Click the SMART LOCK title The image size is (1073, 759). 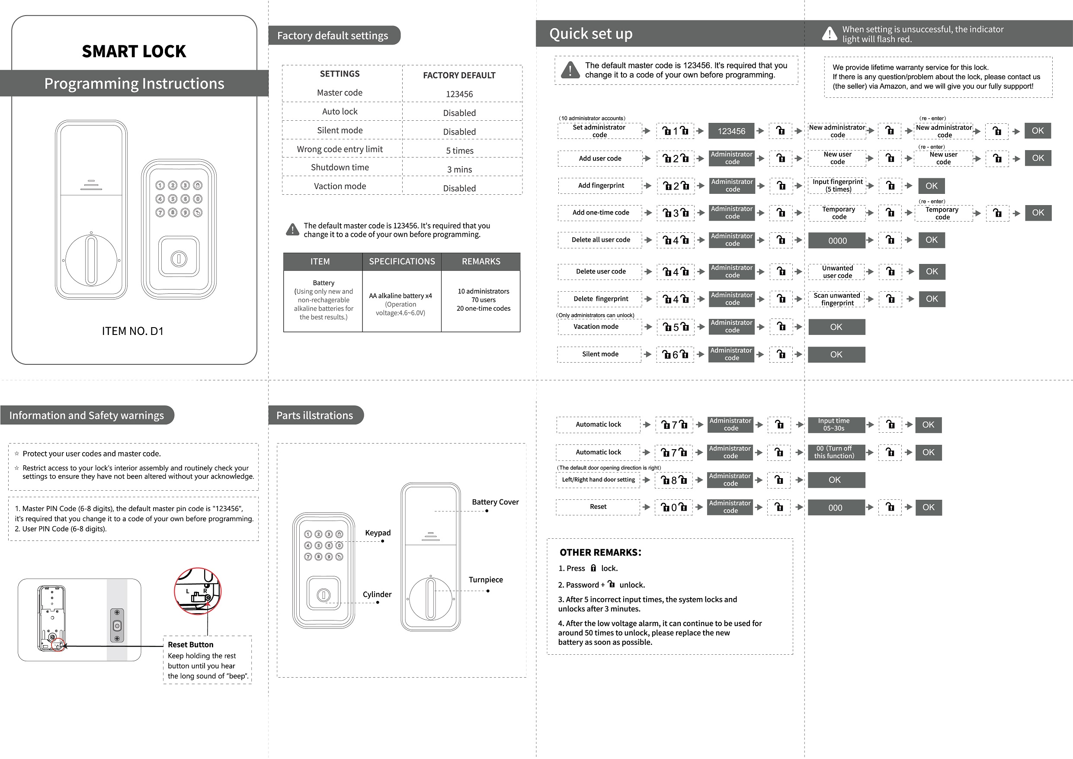[134, 51]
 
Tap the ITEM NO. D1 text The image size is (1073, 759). [133, 331]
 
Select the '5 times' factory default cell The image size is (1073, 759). [459, 151]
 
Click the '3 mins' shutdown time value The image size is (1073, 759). [459, 169]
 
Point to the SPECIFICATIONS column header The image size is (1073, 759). [402, 261]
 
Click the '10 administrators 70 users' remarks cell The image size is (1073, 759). [483, 300]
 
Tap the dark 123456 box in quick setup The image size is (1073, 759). [731, 132]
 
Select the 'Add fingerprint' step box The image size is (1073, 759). [601, 186]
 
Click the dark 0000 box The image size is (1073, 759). [837, 240]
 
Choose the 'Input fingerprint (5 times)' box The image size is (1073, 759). [837, 186]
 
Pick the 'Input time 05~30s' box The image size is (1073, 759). [834, 425]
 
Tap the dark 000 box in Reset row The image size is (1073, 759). [836, 508]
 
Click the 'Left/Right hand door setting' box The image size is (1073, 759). [598, 480]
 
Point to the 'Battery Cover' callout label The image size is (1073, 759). [495, 502]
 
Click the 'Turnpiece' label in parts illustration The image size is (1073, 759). [486, 580]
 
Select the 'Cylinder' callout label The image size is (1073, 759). [377, 595]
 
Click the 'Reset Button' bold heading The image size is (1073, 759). [191, 644]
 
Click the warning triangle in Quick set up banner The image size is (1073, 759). [830, 34]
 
